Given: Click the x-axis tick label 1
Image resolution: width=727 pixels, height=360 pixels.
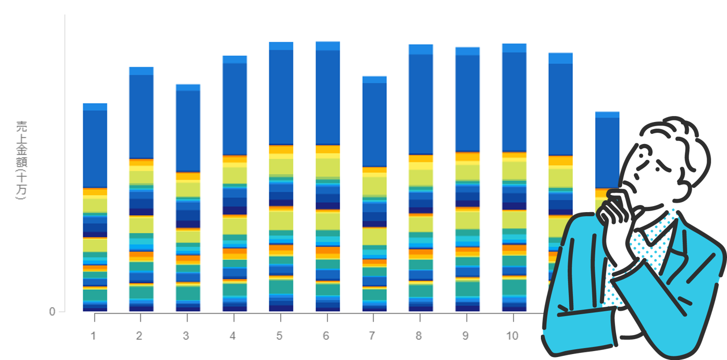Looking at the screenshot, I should tap(93, 336).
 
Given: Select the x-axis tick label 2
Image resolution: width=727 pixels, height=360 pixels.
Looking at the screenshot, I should tap(139, 336).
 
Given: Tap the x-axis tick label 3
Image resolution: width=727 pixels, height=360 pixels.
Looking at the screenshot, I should tap(186, 336).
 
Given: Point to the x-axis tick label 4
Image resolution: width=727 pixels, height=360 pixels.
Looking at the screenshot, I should tap(232, 336).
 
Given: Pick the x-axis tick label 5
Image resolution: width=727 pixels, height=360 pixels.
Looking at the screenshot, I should tap(279, 336).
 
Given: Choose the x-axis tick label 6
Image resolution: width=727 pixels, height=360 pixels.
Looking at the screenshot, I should tap(326, 336).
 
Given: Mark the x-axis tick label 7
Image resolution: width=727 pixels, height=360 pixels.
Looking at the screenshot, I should tap(372, 336).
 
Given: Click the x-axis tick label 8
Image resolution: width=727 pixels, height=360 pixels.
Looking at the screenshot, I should tap(419, 336).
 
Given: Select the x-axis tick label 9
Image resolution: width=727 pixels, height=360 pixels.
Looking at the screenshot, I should tap(465, 336).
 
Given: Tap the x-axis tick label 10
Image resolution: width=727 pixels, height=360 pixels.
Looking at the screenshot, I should tap(512, 336).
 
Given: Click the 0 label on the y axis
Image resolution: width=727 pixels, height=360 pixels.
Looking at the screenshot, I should tap(52, 312).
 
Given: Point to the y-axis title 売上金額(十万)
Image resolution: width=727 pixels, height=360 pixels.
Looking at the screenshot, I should tap(21, 160).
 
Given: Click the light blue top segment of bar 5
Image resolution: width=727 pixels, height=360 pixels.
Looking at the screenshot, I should tap(281, 46).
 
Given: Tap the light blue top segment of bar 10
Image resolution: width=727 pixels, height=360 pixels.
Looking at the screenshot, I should tap(514, 48).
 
